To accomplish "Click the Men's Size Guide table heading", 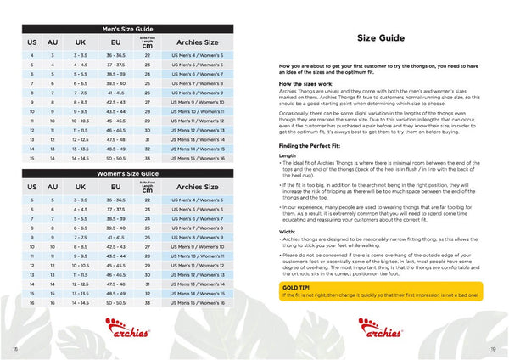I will (x=131, y=29).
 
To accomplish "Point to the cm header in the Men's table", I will (x=147, y=44).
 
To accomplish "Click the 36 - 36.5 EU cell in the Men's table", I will (x=115, y=54).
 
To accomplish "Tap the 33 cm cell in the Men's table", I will (x=147, y=158).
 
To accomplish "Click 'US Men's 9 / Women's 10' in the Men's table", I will (x=196, y=101).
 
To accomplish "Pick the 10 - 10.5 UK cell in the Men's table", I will (x=81, y=121).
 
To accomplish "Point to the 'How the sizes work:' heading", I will (x=308, y=85).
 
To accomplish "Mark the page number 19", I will (x=493, y=348).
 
